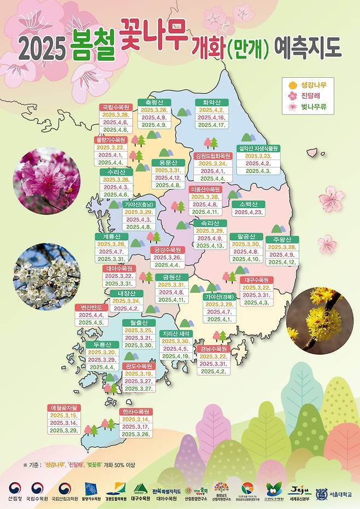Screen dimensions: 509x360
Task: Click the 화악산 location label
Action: (211, 102)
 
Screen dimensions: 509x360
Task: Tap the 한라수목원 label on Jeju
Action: (136, 412)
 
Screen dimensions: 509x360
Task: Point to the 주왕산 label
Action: (282, 240)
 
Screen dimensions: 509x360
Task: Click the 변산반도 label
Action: (91, 308)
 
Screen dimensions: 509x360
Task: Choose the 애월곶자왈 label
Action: (64, 408)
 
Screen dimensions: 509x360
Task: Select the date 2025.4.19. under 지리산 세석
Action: (176, 356)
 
